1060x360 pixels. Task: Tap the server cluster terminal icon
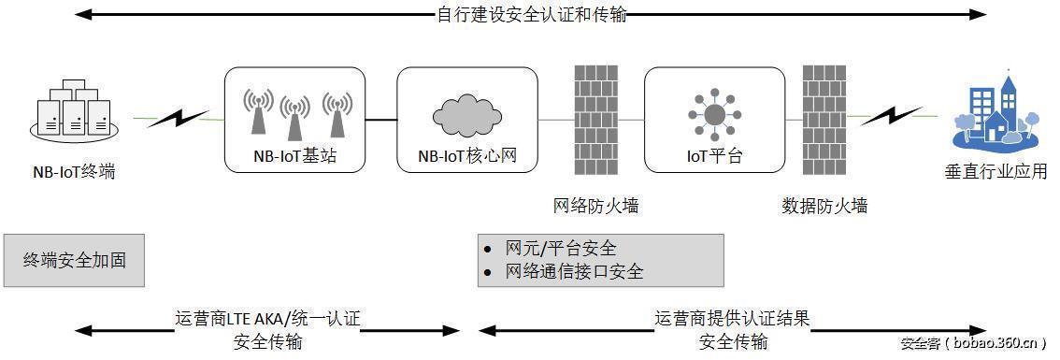click(x=72, y=109)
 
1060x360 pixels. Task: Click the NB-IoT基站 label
click(x=294, y=156)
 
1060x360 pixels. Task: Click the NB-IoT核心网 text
click(x=467, y=156)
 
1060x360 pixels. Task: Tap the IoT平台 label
click(x=714, y=156)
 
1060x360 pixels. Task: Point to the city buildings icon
click(x=995, y=114)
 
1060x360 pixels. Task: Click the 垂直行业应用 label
click(x=995, y=172)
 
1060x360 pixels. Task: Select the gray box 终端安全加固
click(x=74, y=260)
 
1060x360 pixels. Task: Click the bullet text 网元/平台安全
click(x=560, y=249)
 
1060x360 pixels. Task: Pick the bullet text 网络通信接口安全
click(x=573, y=272)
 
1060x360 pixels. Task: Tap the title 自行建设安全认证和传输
click(x=532, y=15)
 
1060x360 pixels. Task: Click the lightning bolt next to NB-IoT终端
click(x=178, y=119)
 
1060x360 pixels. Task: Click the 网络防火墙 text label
click(x=596, y=206)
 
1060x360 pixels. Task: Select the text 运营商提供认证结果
click(x=732, y=319)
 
